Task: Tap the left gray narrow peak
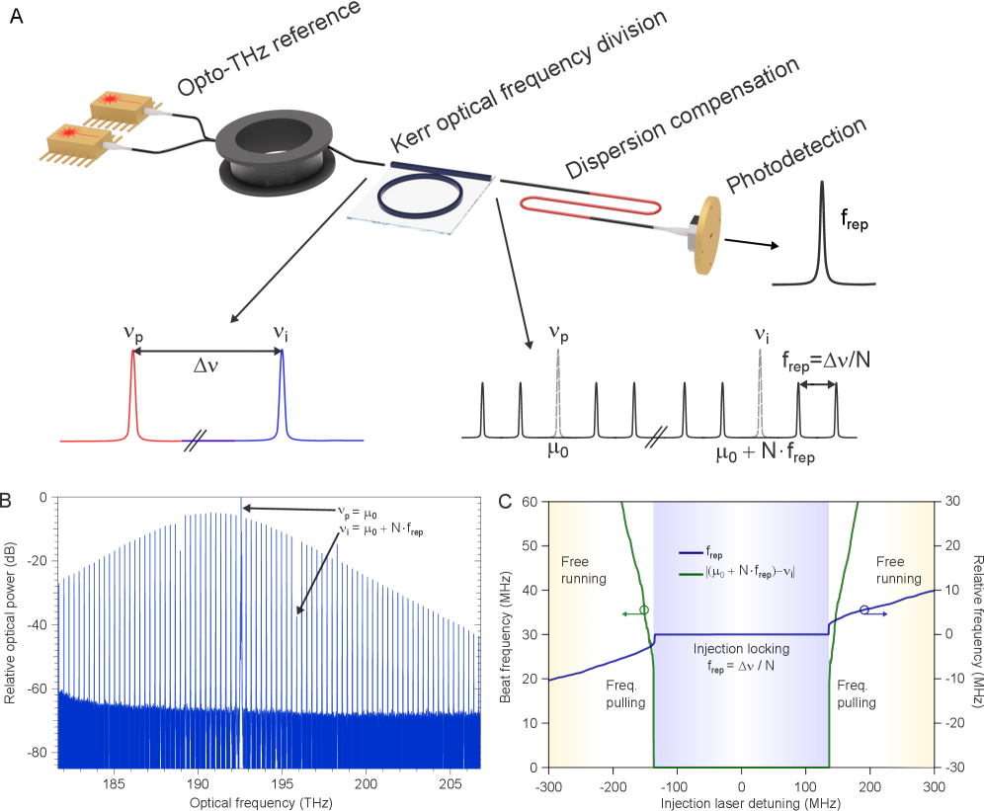[557, 395]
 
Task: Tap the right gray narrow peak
[760, 395]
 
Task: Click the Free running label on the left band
[577, 570]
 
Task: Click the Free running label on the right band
[900, 570]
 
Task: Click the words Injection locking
[741, 649]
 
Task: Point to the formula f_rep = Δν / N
[741, 666]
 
